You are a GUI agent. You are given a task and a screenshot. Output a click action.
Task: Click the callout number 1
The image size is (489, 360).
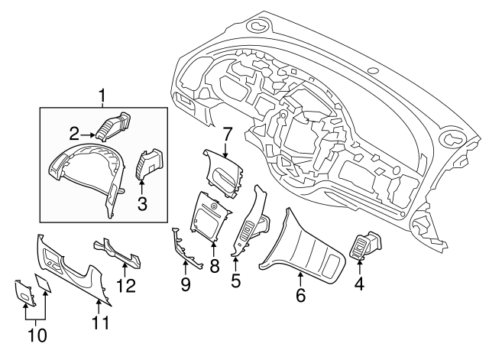pyautogui.click(x=103, y=97)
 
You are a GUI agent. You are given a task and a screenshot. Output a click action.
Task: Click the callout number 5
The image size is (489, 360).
pyautogui.click(x=236, y=281)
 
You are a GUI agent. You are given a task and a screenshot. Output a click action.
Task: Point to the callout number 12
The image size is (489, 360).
pyautogui.click(x=126, y=286)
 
